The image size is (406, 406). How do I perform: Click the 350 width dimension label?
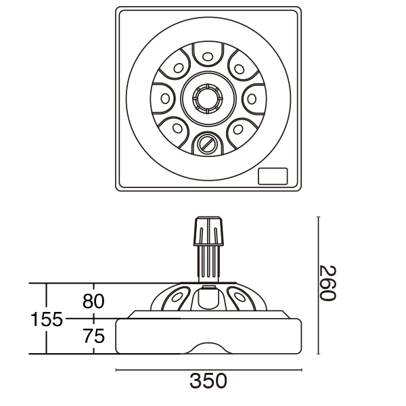click(208, 381)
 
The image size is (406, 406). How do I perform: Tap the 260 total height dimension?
click(328, 283)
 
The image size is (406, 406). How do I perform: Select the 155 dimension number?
click(47, 319)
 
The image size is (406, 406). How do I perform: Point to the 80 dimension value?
click(93, 301)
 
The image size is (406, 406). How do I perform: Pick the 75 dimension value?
click(94, 336)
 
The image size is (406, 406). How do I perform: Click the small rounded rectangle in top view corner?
click(273, 176)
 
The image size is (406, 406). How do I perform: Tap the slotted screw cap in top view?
click(207, 143)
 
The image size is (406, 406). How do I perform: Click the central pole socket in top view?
click(208, 99)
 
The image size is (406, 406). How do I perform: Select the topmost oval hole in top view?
click(208, 56)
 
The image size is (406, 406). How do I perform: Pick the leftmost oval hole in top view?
click(165, 99)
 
